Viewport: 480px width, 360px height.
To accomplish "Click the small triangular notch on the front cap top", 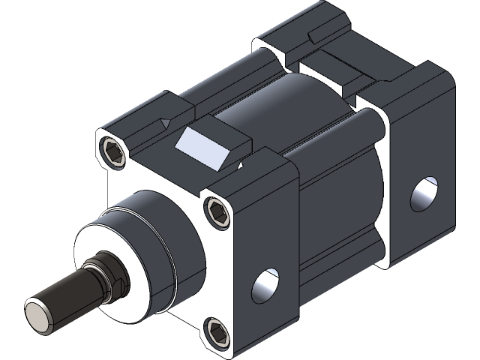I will (x=164, y=123).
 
